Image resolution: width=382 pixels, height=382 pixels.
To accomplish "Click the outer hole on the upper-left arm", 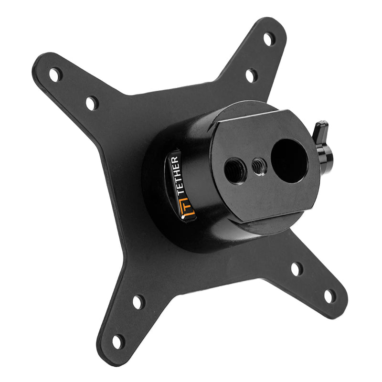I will tap(55, 74).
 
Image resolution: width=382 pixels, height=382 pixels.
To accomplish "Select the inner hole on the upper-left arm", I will tap(92, 102).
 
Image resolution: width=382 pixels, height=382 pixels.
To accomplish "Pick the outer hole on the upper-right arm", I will tap(269, 39).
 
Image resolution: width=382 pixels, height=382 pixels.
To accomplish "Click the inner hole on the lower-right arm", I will tap(297, 269).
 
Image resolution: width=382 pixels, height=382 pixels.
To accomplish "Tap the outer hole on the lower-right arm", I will tap(329, 296).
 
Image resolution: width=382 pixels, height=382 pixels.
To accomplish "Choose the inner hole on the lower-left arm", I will tap(138, 302).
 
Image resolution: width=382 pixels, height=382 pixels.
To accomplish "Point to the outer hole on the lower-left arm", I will tap(117, 341).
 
